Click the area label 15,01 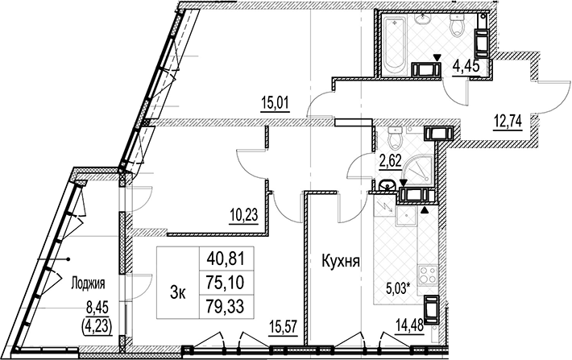click(275, 103)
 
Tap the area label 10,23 click(243, 215)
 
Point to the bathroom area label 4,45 click(465, 67)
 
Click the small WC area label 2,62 click(389, 161)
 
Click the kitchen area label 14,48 click(410, 325)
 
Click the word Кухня click(341, 261)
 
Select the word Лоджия click(88, 283)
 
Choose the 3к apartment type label click(178, 292)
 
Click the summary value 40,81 click(225, 259)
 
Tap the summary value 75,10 click(225, 283)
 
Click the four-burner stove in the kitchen click(428, 275)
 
